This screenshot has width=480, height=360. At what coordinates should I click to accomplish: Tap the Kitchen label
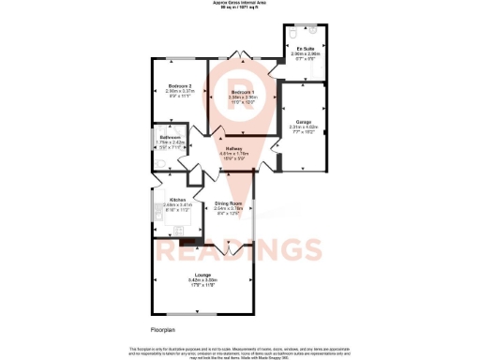pos(176,200)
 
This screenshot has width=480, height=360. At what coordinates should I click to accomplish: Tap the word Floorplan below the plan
pos(163,330)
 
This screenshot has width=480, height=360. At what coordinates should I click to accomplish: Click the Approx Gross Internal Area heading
pos(240,5)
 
